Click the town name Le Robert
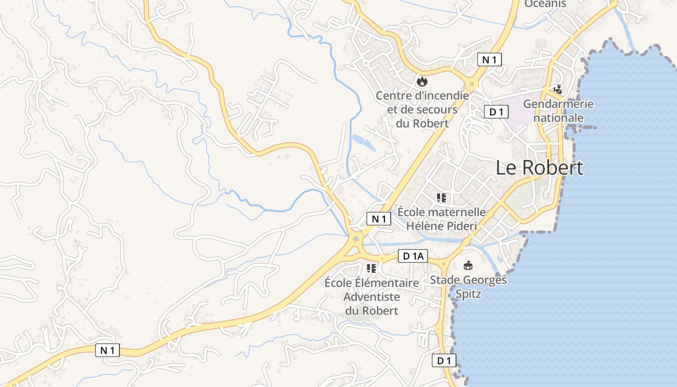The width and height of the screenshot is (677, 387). tap(540, 168)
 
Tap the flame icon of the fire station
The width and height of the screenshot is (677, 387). tap(422, 81)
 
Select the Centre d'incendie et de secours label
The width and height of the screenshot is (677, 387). tap(422, 109)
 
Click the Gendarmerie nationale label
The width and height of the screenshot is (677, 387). tap(559, 111)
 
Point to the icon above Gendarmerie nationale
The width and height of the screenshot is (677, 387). tap(558, 89)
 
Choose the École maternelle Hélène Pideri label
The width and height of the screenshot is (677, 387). tap(442, 219)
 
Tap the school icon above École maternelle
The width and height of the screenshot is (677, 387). tap(441, 197)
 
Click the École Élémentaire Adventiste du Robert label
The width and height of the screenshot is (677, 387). tap(371, 296)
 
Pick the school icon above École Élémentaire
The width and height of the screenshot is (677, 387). tap(371, 268)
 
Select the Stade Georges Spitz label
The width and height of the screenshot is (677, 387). tap(468, 286)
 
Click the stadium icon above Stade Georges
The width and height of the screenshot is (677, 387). tap(468, 265)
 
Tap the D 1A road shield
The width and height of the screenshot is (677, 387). tap(413, 256)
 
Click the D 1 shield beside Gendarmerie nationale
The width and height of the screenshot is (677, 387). tap(496, 112)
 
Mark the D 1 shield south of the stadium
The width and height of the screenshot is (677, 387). tap(444, 360)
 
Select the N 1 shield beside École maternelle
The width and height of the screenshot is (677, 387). tap(379, 219)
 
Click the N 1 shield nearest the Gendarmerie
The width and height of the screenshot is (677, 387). tap(489, 60)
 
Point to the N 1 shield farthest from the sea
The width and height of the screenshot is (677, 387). tap(107, 350)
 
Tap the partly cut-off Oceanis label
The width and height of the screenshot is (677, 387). tap(545, 4)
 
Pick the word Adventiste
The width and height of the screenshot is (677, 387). tap(371, 297)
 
